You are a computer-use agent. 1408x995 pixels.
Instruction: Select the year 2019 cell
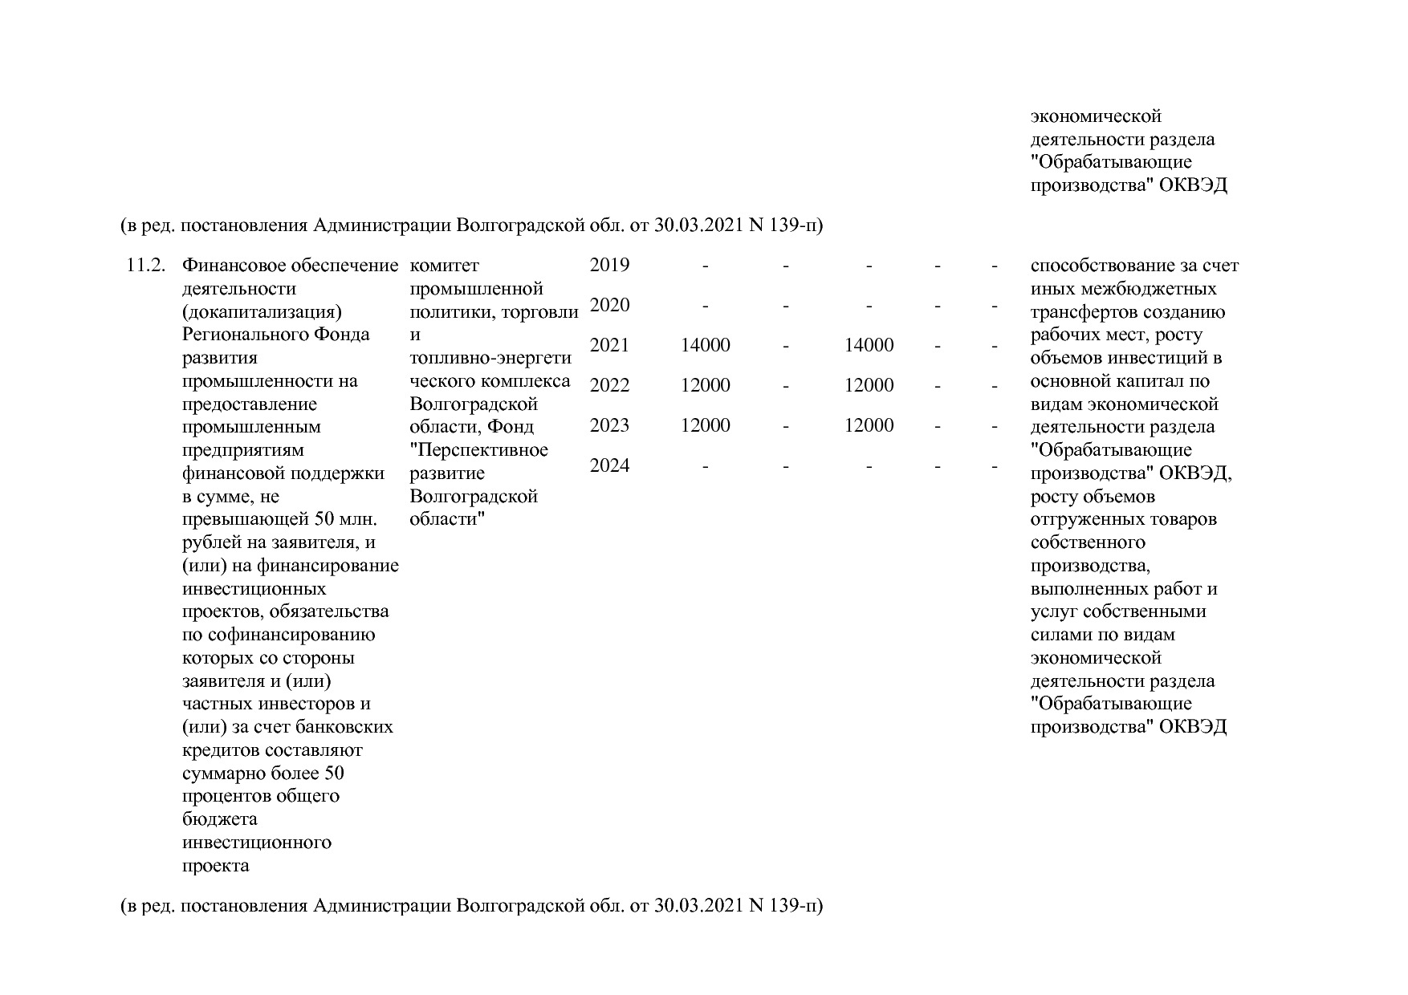(x=609, y=266)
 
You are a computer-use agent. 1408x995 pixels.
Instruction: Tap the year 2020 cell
(x=609, y=306)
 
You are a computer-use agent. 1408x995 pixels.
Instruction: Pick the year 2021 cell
(x=609, y=346)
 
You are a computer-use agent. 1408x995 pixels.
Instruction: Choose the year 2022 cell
(x=609, y=386)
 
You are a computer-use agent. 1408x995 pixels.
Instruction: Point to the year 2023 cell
(x=609, y=426)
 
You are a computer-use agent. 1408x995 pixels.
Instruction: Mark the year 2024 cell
(x=609, y=466)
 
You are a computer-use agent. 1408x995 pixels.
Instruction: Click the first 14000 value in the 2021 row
(x=705, y=346)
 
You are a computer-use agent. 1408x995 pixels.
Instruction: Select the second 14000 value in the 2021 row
(x=869, y=346)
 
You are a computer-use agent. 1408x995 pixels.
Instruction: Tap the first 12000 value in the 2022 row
(x=705, y=386)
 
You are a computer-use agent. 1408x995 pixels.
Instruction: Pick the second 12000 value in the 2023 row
(x=869, y=426)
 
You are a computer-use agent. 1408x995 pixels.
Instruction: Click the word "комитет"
(x=444, y=266)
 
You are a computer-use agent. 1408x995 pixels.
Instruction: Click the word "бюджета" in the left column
(x=220, y=819)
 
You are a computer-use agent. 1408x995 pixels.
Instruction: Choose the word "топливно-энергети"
(x=490, y=358)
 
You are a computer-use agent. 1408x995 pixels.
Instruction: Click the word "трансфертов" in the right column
(x=1081, y=312)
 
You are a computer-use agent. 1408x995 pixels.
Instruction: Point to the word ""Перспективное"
(x=478, y=450)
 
